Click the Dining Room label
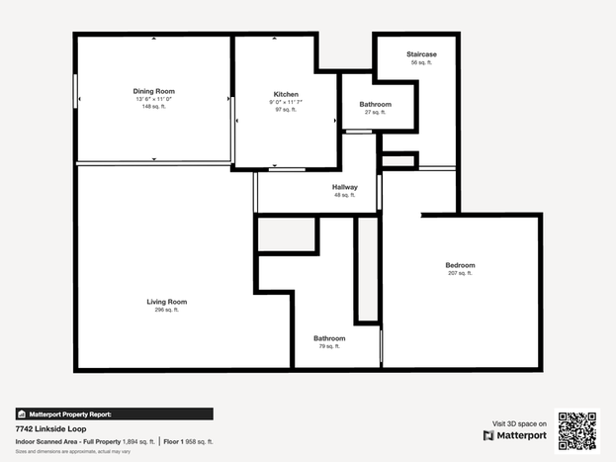153,91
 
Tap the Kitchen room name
286,94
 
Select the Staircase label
421,54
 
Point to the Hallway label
344,187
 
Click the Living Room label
166,302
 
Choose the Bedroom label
460,265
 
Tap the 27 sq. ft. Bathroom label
375,105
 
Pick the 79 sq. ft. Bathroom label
329,338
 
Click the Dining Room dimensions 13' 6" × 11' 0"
153,99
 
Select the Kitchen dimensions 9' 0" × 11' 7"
286,102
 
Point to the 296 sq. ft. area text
166,310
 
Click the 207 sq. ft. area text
460,273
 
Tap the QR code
577,431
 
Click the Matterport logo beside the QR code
514,435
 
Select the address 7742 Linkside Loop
50,429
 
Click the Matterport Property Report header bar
115,415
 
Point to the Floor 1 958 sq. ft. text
188,442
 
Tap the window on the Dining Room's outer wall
75,91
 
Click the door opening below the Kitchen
287,170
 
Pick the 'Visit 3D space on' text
519,423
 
